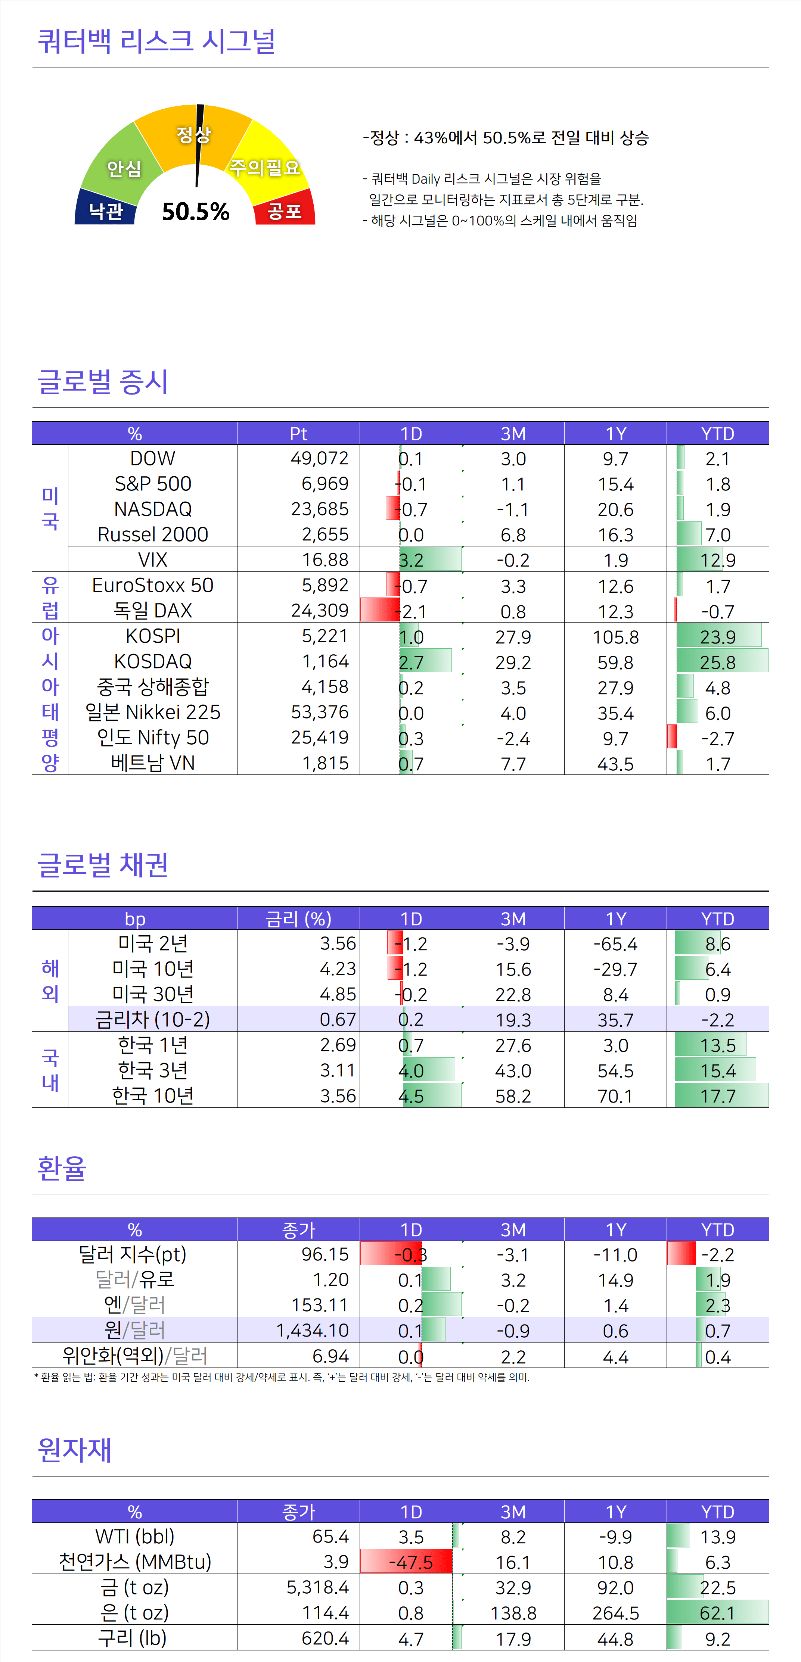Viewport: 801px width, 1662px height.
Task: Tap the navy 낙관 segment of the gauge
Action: click(x=105, y=210)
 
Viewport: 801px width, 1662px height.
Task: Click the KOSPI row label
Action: click(x=153, y=636)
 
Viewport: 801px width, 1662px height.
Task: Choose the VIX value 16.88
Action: click(x=325, y=559)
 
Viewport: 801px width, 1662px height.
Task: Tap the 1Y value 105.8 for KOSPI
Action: click(x=615, y=637)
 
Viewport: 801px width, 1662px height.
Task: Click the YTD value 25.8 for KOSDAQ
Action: click(x=718, y=662)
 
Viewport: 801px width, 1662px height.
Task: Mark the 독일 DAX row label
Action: click(x=153, y=610)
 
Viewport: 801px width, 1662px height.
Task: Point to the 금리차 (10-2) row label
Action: click(x=153, y=1019)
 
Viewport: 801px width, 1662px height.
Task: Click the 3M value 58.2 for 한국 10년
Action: click(x=513, y=1095)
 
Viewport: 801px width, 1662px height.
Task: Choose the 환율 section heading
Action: click(x=62, y=1169)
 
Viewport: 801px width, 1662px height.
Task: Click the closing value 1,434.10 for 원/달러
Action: click(x=313, y=1330)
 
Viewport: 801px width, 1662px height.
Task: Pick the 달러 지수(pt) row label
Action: click(x=132, y=1254)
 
